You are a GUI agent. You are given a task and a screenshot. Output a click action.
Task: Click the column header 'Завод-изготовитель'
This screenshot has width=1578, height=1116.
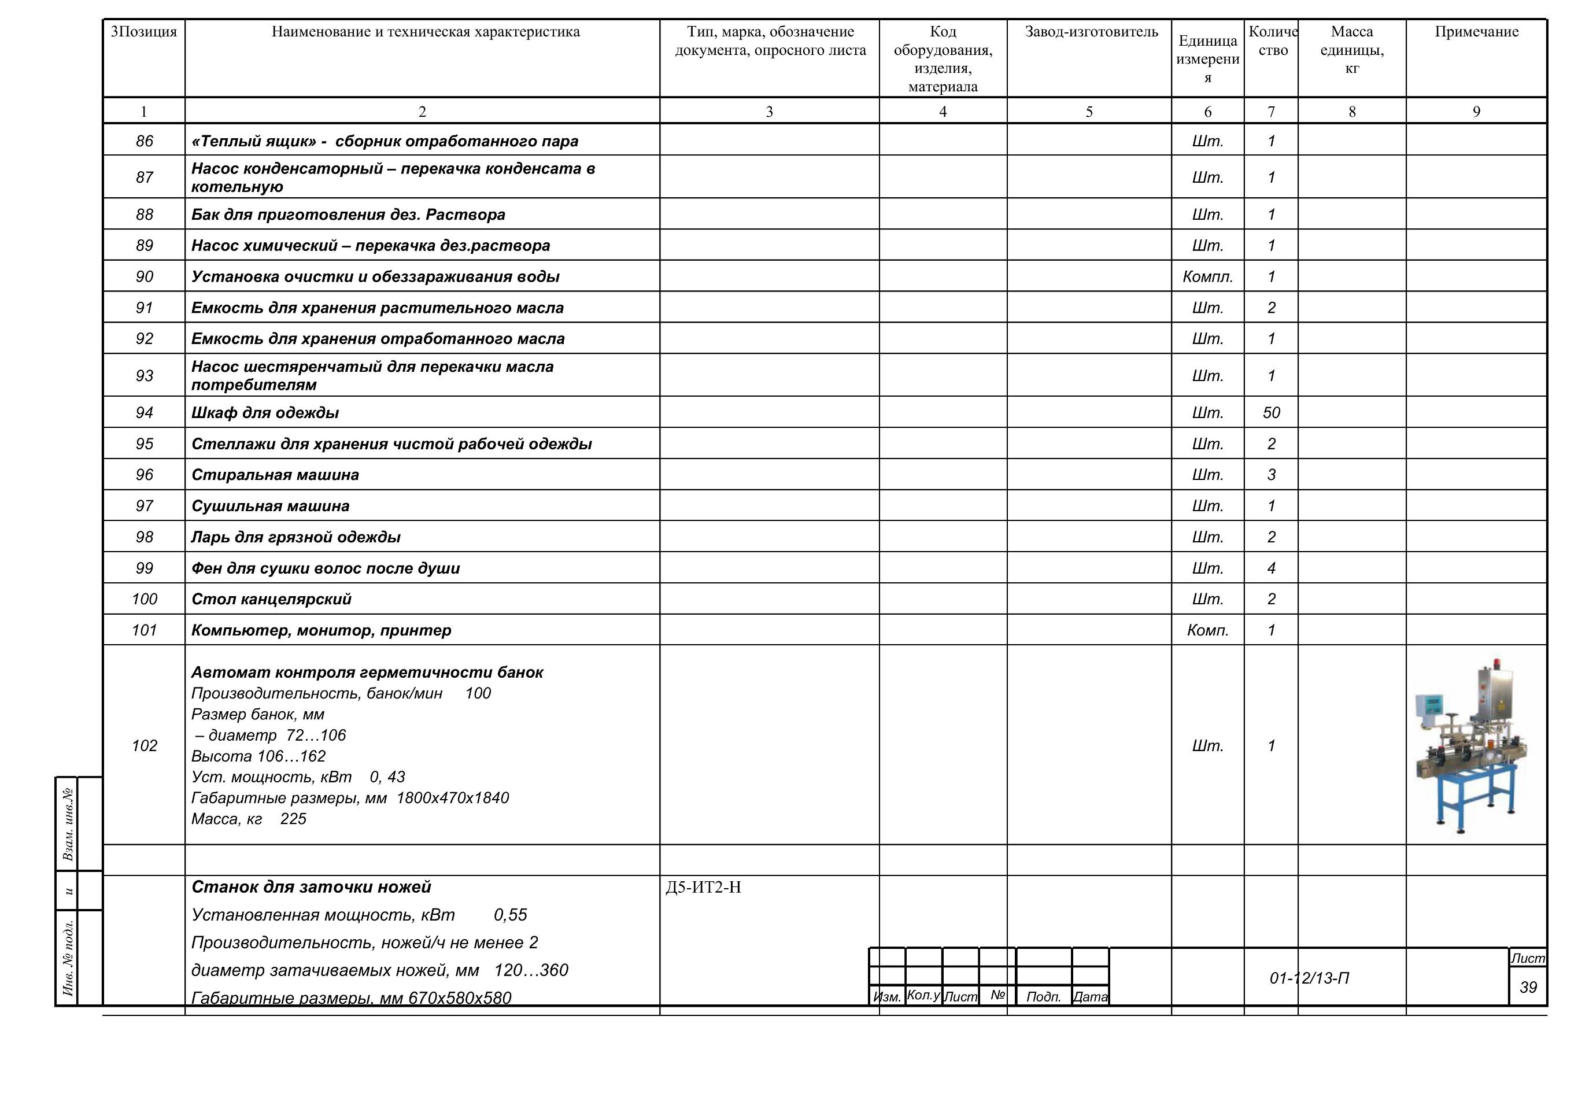click(1091, 32)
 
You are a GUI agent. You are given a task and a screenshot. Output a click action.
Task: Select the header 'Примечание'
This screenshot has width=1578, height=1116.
click(1476, 32)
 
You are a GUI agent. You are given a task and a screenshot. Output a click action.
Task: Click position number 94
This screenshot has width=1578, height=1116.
click(145, 413)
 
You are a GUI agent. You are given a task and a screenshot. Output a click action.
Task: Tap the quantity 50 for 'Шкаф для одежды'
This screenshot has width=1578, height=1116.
click(1272, 413)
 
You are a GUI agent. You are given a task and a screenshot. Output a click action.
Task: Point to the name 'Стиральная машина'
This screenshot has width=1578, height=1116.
click(275, 475)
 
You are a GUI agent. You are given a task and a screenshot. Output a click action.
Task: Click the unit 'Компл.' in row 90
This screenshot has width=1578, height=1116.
click(1207, 277)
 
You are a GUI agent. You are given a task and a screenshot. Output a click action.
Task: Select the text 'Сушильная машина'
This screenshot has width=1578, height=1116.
click(270, 507)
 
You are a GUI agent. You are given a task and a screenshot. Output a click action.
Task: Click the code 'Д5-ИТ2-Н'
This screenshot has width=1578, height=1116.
click(703, 888)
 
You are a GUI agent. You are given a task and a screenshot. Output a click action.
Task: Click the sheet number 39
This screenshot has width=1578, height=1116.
click(1528, 988)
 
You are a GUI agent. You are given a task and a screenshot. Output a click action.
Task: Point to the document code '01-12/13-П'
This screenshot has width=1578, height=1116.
click(1309, 978)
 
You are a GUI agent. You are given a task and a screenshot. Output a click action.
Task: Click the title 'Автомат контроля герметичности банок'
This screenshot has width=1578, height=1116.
click(367, 672)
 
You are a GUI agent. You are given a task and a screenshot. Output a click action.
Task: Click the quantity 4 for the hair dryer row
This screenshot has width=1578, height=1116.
click(1272, 568)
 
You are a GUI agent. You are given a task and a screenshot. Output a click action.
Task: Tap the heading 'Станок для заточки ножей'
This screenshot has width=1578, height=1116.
click(311, 887)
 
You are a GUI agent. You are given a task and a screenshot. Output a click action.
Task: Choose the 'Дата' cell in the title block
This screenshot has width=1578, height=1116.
click(1090, 996)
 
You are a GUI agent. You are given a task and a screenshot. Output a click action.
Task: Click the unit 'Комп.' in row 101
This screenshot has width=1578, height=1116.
click(1207, 630)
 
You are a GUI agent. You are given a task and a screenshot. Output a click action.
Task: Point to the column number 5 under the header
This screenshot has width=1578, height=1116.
click(1089, 112)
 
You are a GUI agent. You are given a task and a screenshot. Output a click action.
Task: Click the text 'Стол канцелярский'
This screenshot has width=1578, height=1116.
click(271, 599)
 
